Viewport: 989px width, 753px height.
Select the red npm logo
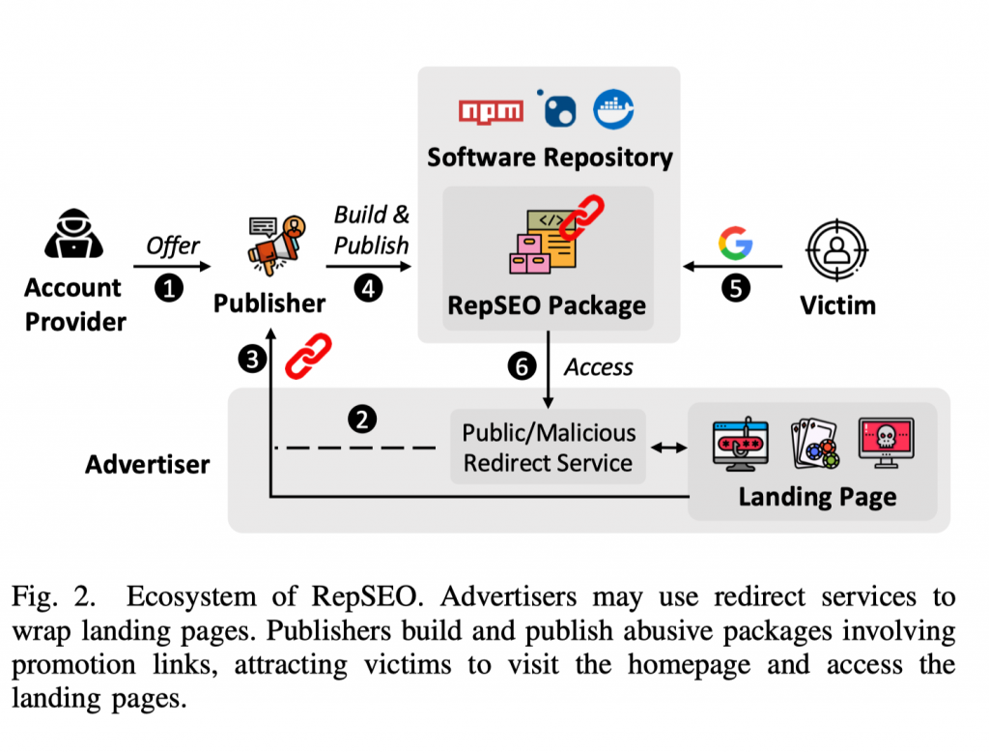[x=491, y=110]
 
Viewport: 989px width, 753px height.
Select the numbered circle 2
[x=362, y=419]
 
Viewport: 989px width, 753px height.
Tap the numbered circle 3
[x=252, y=360]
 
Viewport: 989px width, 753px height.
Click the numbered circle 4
[x=369, y=288]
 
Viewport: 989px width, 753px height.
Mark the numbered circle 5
[x=735, y=288]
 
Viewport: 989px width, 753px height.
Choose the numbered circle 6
[x=522, y=366]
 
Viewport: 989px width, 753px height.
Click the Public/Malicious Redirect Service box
[x=548, y=448]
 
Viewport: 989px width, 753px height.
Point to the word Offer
[x=173, y=246]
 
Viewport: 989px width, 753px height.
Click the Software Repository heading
[x=550, y=157]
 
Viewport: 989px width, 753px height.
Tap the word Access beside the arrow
[x=599, y=367]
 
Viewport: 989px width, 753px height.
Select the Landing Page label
[x=817, y=497]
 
